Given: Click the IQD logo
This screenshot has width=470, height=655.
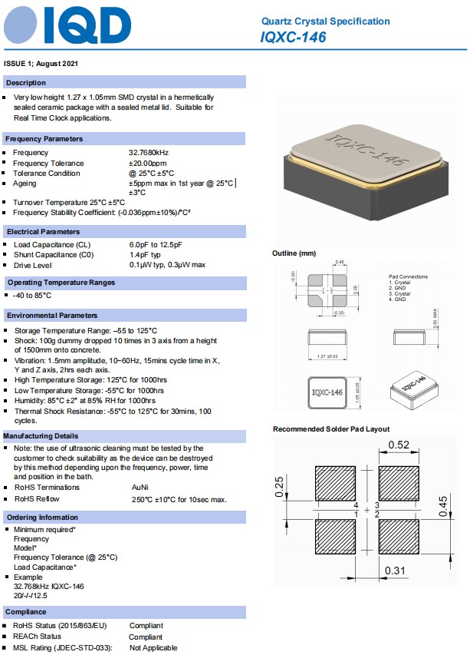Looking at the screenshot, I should click(67, 26).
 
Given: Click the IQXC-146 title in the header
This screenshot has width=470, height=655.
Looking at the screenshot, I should click(294, 37).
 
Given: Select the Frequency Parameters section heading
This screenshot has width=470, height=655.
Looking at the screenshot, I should click(44, 139).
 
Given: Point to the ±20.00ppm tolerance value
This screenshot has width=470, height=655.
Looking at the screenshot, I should click(147, 163).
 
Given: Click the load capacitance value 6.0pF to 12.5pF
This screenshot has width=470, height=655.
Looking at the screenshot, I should click(156, 244).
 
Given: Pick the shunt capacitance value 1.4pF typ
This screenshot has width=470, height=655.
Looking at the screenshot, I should click(145, 254).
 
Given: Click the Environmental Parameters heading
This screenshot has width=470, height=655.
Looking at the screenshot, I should click(52, 316).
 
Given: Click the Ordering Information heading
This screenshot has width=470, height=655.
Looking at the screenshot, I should click(42, 518).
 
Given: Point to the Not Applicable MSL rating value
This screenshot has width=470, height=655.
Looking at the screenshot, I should click(153, 648).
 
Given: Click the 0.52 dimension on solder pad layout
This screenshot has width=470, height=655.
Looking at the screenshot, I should click(398, 445).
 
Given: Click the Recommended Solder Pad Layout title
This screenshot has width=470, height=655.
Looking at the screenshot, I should click(331, 429).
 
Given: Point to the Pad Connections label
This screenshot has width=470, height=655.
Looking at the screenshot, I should click(409, 276).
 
